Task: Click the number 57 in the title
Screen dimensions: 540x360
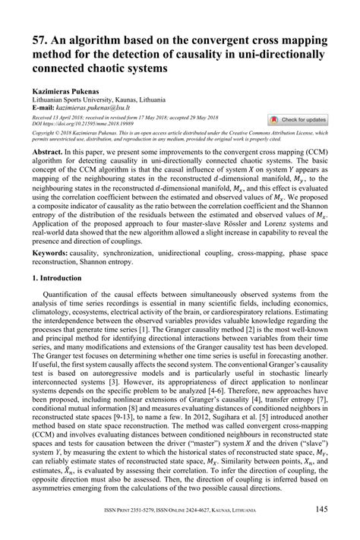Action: tap(40, 40)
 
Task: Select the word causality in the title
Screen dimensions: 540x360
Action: tap(232, 54)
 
